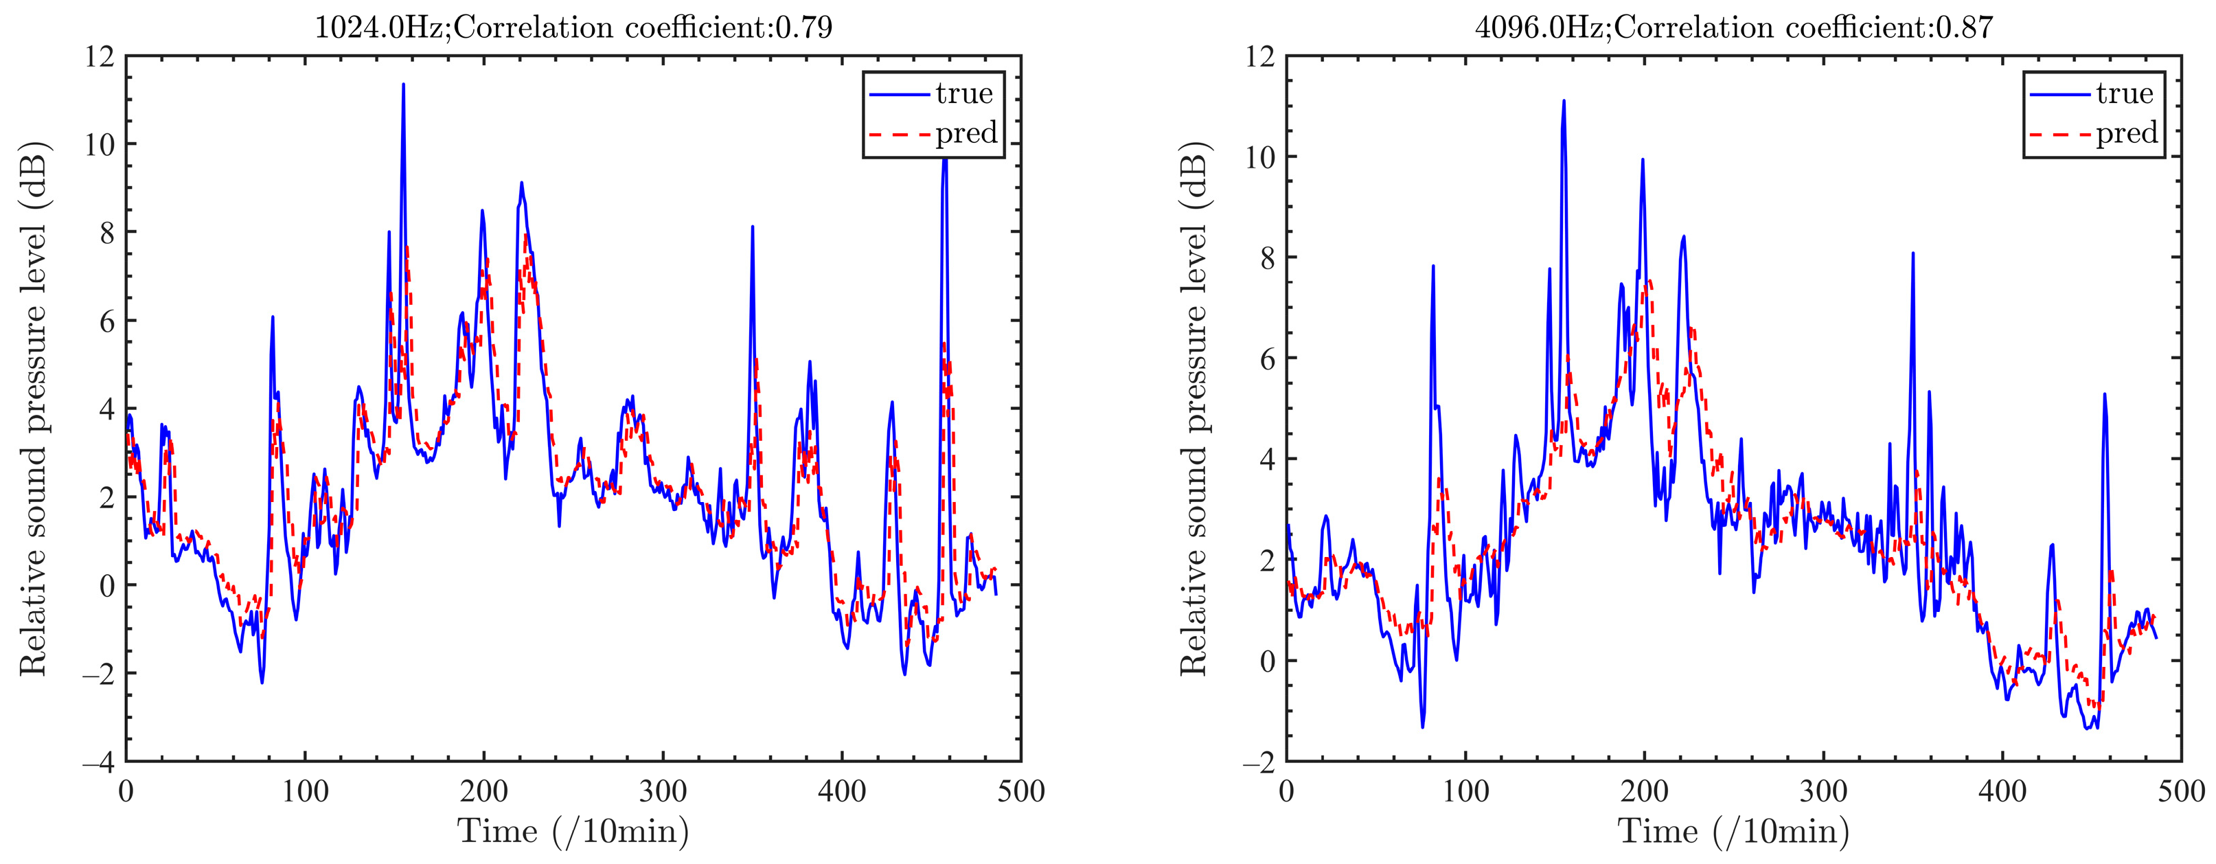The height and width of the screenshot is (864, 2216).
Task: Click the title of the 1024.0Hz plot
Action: coord(573,27)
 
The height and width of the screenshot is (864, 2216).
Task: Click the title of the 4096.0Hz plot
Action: coord(1733,27)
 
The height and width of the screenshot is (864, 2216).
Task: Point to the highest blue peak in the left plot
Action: coord(402,84)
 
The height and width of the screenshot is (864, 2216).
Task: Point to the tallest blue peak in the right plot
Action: coord(1563,101)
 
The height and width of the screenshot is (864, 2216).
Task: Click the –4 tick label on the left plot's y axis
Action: coord(99,762)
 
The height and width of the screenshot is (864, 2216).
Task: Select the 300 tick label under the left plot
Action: coord(663,791)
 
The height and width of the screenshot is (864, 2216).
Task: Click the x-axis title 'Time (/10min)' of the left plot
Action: coord(573,831)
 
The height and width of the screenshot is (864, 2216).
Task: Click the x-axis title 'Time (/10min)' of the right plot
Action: coord(1733,831)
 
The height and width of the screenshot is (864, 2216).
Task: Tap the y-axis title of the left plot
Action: coord(33,409)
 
